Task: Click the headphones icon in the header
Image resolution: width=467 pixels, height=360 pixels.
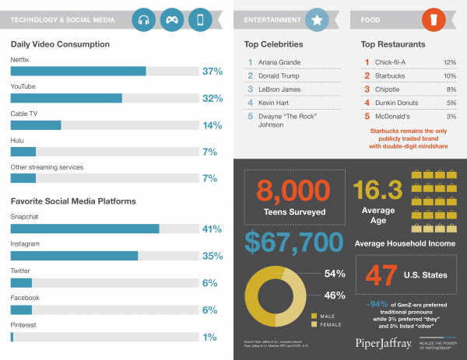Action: pos(144,19)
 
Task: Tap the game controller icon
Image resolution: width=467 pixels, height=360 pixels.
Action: pos(172,19)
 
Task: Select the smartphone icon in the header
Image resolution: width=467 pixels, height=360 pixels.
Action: pos(201,19)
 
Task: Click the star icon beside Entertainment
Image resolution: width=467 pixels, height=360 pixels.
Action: pos(316,19)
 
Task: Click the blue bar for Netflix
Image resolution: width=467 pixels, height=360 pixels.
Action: pos(78,71)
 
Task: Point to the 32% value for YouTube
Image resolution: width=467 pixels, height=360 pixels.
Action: pos(212,99)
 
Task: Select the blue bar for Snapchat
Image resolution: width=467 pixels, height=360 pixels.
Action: pos(85,229)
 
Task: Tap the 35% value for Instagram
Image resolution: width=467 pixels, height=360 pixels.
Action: pos(212,256)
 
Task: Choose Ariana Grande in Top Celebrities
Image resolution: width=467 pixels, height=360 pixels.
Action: pos(280,61)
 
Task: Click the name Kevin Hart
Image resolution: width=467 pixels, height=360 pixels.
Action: pos(275,103)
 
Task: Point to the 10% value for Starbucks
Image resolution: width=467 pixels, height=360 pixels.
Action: pos(450,75)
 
